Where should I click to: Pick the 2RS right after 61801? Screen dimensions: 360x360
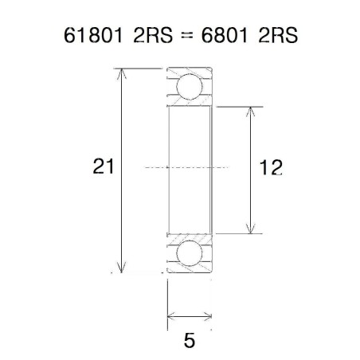click(141, 37)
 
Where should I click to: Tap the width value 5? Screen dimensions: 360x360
click(190, 341)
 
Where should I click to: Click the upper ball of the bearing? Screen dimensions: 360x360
click(190, 87)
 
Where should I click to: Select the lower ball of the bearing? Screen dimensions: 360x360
click(190, 253)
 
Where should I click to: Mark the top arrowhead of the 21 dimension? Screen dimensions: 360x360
click(122, 74)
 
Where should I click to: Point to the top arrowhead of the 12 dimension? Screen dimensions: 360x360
click(252, 111)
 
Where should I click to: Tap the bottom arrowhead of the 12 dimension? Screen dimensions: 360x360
click(252, 228)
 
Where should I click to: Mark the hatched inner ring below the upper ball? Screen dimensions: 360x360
click(190, 104)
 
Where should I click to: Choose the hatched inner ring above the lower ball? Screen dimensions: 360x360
click(190, 237)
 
